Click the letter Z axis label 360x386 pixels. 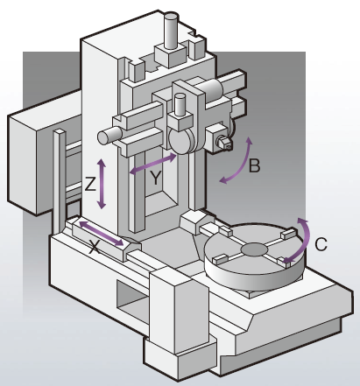[90, 184]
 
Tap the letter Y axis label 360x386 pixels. [156, 178]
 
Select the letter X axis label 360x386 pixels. [94, 247]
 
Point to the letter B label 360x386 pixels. [254, 165]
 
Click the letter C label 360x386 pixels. [321, 244]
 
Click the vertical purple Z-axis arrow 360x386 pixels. [102, 184]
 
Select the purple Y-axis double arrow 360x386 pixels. [152, 165]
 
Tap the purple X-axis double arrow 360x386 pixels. [102, 234]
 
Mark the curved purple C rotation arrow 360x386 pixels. [306, 240]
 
